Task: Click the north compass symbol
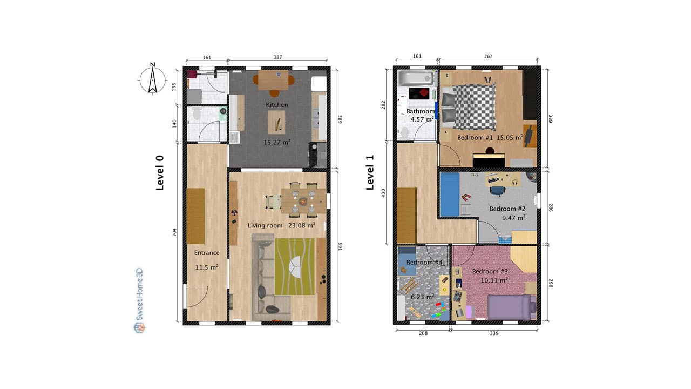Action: pos(152,79)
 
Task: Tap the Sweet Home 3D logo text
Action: pos(139,300)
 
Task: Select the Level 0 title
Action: pos(160,173)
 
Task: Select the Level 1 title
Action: pos(370,173)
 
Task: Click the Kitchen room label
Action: pos(276,105)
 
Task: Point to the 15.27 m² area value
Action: pos(277,143)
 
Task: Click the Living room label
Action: pos(265,225)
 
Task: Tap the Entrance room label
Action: pos(207,253)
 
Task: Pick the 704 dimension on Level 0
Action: pos(174,232)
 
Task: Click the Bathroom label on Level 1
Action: pos(420,112)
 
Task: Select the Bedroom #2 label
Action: pos(507,209)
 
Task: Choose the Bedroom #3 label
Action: pos(490,271)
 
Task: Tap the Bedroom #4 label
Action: pos(424,263)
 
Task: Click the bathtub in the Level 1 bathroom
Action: pos(416,78)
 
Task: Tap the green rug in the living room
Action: pos(295,267)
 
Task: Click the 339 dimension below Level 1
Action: pos(494,333)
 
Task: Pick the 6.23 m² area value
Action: pos(422,297)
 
